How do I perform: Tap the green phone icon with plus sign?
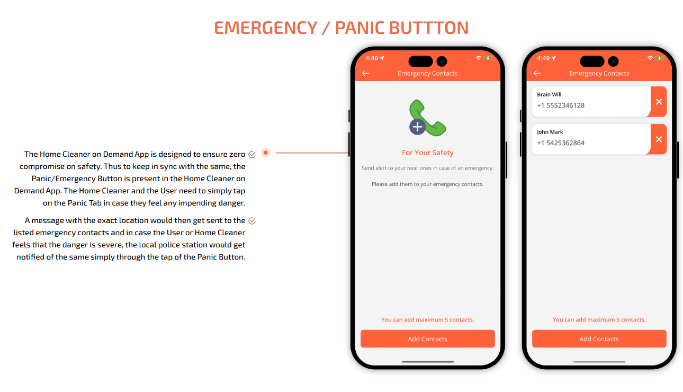pos(427,118)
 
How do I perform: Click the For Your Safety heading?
pos(427,153)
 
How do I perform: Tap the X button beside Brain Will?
pos(659,102)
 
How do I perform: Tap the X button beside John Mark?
pos(659,139)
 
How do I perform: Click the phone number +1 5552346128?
pos(561,105)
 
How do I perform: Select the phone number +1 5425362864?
pos(561,143)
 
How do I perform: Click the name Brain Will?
pos(549,95)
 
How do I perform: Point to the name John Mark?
pos(550,132)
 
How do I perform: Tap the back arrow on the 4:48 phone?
pos(365,73)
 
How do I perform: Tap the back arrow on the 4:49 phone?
pos(537,73)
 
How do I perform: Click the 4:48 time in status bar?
pos(372,58)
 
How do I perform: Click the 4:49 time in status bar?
pos(543,58)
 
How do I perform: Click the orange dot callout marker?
pos(266,153)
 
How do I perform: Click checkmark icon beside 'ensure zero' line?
pos(252,155)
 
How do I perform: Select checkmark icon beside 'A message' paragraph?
pos(252,221)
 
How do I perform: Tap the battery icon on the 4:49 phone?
pos(660,58)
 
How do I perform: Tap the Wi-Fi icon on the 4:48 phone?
pos(479,58)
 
